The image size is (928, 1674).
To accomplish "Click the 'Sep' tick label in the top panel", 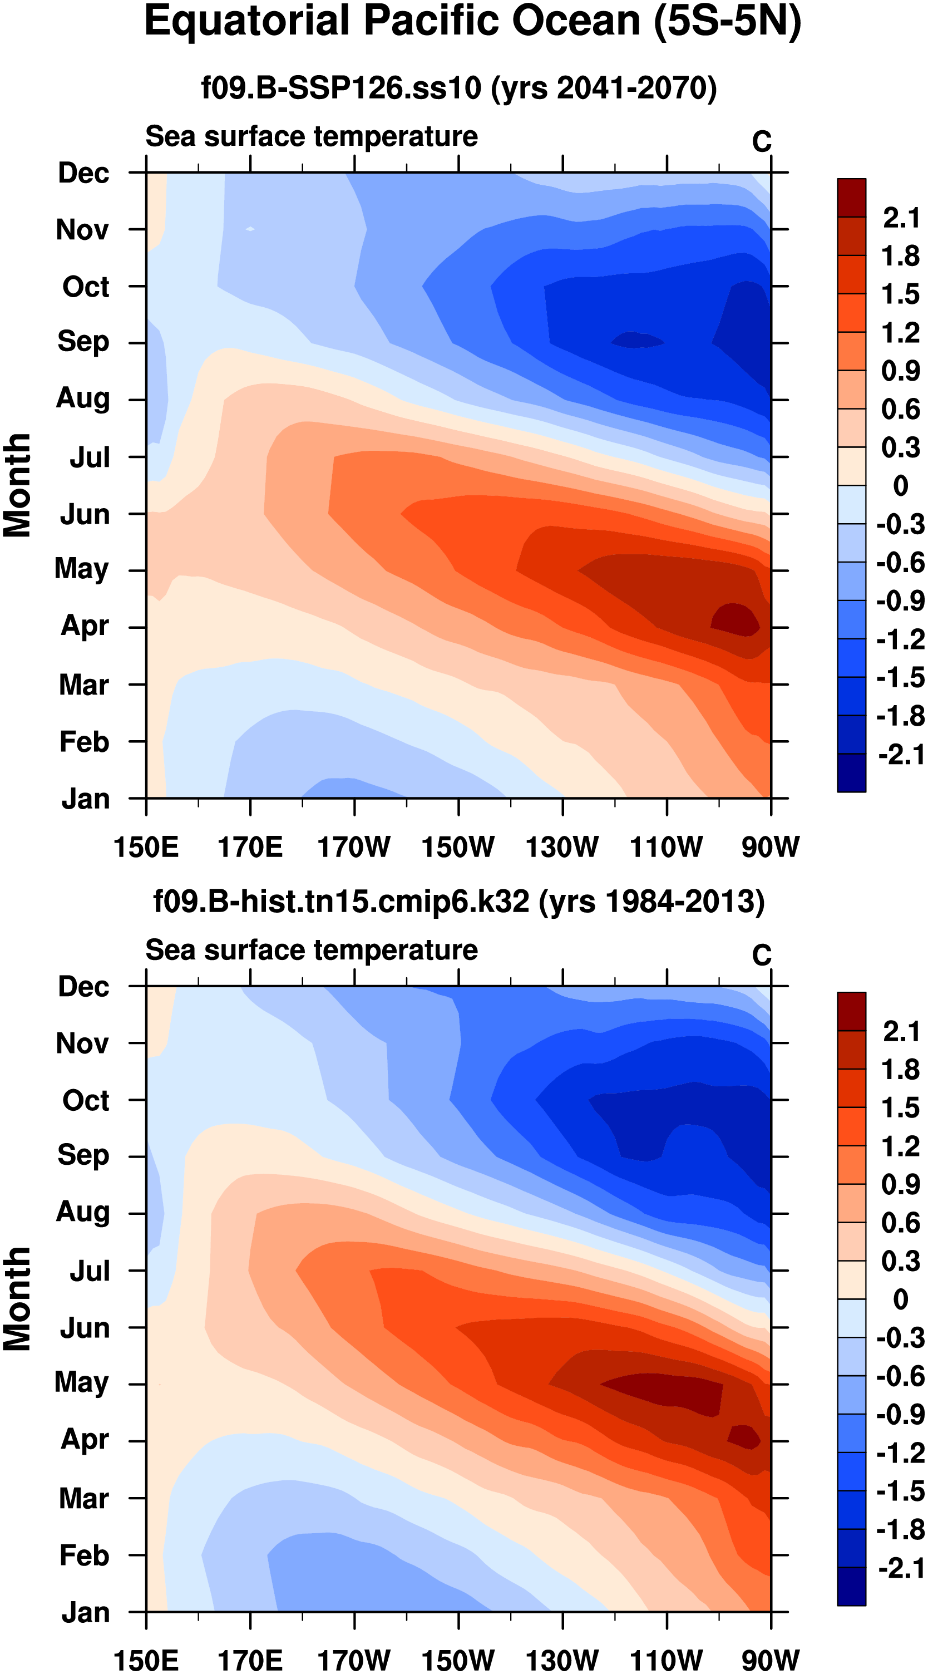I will click(83, 342).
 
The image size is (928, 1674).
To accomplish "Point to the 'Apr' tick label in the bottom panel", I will click(85, 1439).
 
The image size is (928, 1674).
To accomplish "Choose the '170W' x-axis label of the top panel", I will click(354, 848).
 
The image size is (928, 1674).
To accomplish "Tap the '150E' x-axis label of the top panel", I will click(146, 848).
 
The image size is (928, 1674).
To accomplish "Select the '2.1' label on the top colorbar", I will click(901, 218).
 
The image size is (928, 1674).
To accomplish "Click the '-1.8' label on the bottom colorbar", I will click(900, 1530).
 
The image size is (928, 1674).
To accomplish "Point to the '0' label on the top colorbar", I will click(901, 485).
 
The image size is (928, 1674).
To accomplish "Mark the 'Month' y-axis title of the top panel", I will click(18, 485).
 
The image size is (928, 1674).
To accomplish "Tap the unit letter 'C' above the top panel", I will click(762, 142).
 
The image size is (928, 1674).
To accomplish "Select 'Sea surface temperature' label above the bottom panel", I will click(312, 950).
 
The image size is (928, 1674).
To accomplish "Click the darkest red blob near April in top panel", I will click(736, 619).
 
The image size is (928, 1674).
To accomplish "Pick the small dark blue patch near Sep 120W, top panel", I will click(637, 340).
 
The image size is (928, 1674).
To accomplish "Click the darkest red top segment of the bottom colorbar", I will click(851, 1011).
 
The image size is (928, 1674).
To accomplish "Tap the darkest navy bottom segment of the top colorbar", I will click(851, 772).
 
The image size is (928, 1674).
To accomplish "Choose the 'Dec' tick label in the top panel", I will click(83, 173).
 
